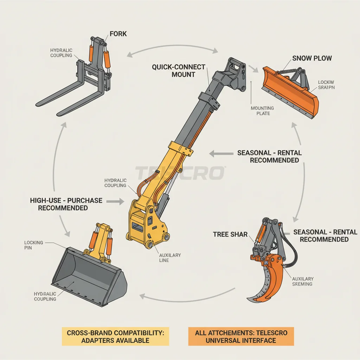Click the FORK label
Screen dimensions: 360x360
pyautogui.click(x=118, y=34)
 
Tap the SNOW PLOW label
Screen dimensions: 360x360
pyautogui.click(x=312, y=58)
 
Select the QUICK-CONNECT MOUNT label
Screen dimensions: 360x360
pyautogui.click(x=178, y=71)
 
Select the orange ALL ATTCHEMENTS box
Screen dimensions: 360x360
pyautogui.click(x=241, y=336)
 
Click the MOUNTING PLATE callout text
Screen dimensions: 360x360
pyautogui.click(x=262, y=111)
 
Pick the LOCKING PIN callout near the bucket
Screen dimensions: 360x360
pyautogui.click(x=34, y=245)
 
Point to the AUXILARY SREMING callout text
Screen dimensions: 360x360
pyautogui.click(x=302, y=281)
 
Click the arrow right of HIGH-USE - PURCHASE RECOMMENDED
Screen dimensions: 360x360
pyautogui.click(x=115, y=201)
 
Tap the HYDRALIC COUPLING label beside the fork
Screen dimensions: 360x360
pyautogui.click(x=61, y=53)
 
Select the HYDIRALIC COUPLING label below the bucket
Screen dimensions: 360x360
pyautogui.click(x=45, y=296)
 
